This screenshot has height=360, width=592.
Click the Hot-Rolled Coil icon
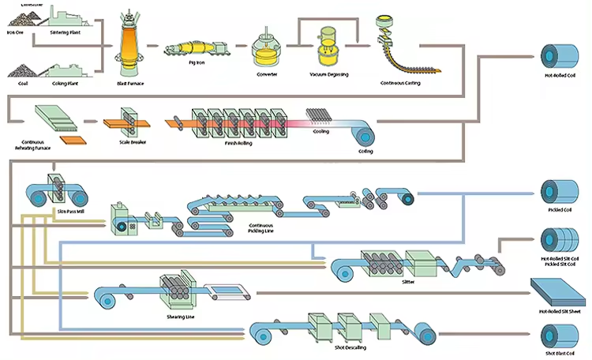[x=555, y=54]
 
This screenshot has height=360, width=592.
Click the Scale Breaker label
[x=132, y=142]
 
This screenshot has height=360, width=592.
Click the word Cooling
[x=320, y=132]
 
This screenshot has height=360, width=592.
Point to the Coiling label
[x=365, y=150]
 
